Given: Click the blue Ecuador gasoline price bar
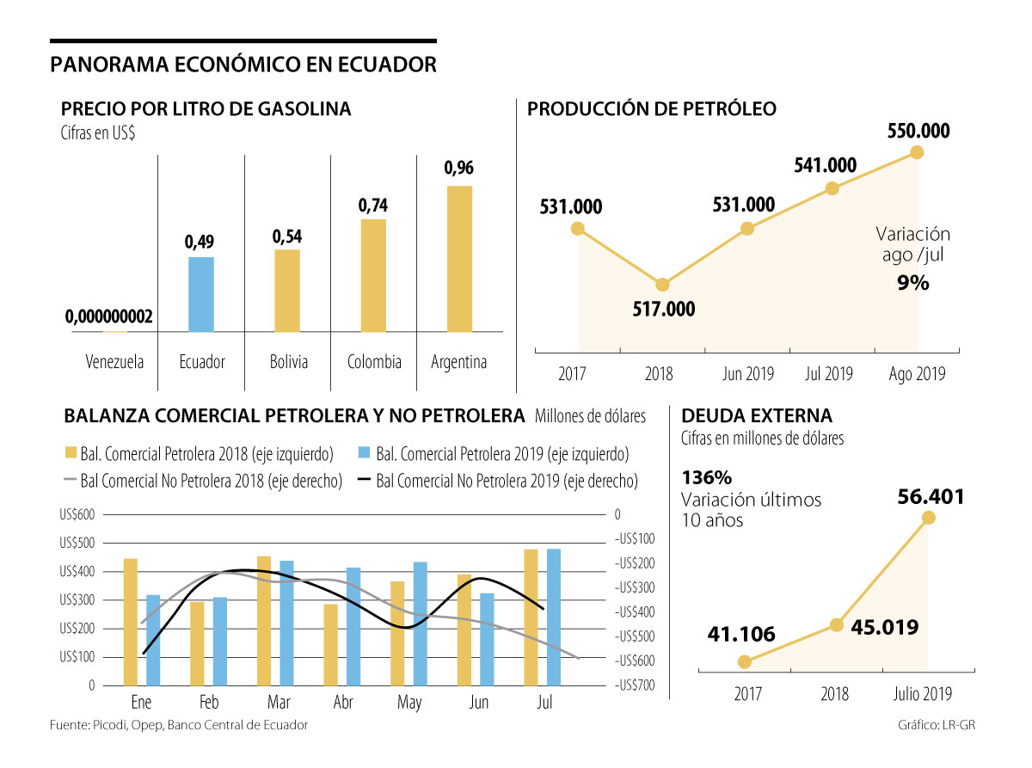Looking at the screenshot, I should pos(201,294).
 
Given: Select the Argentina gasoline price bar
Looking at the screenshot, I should pos(459,259).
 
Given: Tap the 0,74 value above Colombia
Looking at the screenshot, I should pos(373,206).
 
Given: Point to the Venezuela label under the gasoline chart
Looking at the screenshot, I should pos(115,362).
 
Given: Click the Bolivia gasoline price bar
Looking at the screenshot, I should pos(287,291).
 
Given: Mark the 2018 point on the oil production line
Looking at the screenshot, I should pos(662,285).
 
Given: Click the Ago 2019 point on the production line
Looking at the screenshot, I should pos(917,152).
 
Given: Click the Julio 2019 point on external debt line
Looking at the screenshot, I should pos(928,517).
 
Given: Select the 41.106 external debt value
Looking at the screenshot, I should pos(741,635).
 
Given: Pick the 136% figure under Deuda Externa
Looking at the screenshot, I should pos(706,476).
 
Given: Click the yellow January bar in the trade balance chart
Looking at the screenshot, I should pos(131,622).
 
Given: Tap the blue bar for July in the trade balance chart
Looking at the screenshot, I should pos(554,617).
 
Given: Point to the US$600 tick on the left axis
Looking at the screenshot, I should pos(77,514).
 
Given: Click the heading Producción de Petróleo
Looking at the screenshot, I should pos(651,109).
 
